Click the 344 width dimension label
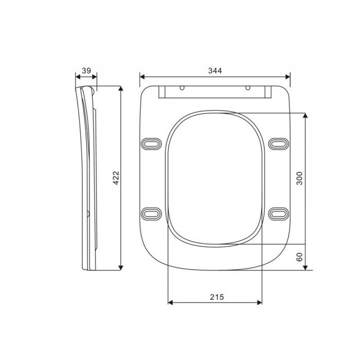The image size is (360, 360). (x=215, y=70)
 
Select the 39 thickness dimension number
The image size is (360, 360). (x=86, y=70)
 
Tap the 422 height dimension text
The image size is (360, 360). (x=116, y=178)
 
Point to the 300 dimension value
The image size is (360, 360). (x=299, y=178)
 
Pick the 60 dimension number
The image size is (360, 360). (x=299, y=257)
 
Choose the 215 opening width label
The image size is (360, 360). (x=217, y=297)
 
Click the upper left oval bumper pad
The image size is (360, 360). (x=151, y=144)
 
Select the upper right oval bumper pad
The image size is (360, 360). (x=279, y=144)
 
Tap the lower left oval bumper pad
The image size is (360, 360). (x=151, y=214)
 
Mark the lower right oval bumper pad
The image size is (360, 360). (x=279, y=214)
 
